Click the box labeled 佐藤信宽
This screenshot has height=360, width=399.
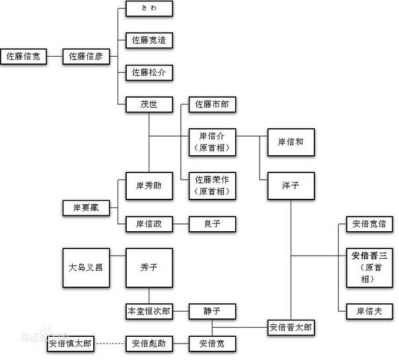click(23, 56)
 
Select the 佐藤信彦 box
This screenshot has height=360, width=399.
click(86, 56)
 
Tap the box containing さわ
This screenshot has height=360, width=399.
click(149, 9)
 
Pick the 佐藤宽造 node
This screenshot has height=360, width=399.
click(149, 40)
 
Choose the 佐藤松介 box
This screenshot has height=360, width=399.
click(149, 72)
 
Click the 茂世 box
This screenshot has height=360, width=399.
click(149, 104)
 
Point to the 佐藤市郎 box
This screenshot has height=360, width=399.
click(212, 104)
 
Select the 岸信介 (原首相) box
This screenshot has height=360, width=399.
click(212, 141)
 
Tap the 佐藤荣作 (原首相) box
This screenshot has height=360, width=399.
click(212, 185)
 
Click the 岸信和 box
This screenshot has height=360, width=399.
click(291, 141)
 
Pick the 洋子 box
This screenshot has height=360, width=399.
click(291, 186)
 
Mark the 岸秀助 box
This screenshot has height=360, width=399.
click(149, 186)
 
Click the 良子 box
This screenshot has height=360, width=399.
click(212, 225)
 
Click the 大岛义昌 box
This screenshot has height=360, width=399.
click(85, 268)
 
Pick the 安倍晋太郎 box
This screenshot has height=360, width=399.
click(291, 326)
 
